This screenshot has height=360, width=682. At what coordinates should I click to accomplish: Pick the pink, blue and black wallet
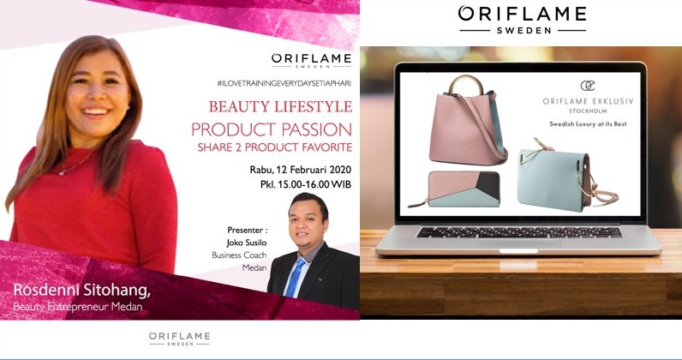click(456, 189)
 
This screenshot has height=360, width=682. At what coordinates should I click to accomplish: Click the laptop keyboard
click(519, 232)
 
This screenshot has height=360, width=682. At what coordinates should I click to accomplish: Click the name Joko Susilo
click(247, 243)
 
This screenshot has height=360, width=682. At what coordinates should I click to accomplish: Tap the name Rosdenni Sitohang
click(82, 291)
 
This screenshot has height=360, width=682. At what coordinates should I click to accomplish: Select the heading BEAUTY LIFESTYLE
click(280, 106)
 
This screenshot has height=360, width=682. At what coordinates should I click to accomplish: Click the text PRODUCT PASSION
click(272, 129)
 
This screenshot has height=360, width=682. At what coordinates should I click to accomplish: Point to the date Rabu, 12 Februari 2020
click(301, 170)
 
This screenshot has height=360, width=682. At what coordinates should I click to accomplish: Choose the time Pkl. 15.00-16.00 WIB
click(306, 184)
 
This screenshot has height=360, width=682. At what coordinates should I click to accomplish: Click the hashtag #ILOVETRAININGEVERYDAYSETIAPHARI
click(284, 82)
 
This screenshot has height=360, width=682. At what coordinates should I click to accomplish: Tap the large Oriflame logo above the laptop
click(523, 19)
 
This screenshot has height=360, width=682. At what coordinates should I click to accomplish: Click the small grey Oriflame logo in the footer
click(179, 339)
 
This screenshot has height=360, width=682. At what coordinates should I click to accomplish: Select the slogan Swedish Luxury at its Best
click(588, 124)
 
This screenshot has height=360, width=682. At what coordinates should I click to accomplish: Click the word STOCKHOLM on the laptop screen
click(588, 111)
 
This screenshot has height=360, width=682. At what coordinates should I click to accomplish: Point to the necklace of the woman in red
click(75, 165)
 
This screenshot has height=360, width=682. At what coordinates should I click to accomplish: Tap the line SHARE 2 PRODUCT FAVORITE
click(275, 147)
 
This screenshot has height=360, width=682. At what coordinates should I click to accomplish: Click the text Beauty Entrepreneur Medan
click(78, 307)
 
